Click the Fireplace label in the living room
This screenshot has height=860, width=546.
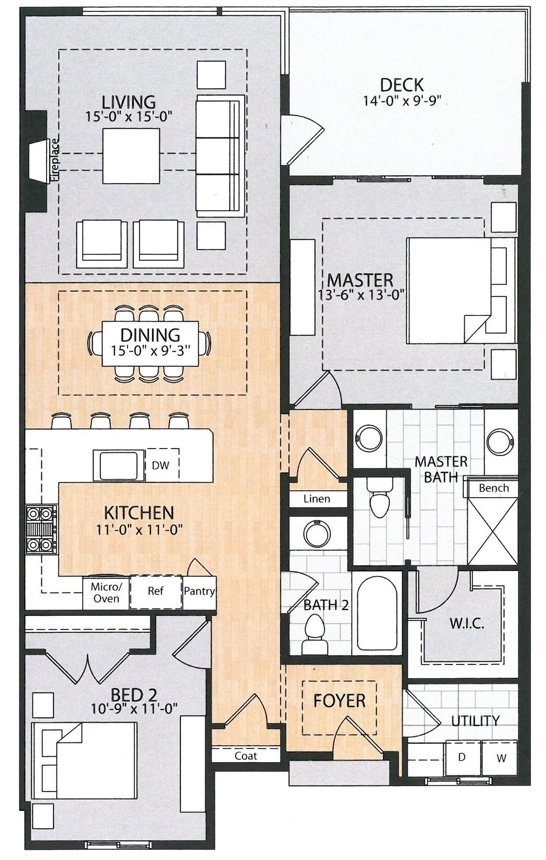(54, 160)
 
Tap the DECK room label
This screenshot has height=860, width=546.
(402, 85)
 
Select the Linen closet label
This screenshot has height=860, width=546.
(317, 499)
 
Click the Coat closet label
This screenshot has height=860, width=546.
(246, 756)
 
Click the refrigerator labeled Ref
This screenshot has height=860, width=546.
(156, 592)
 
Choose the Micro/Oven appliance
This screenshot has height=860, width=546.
(106, 593)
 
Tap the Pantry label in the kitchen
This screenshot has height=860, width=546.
(199, 591)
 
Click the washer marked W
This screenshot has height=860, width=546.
(500, 758)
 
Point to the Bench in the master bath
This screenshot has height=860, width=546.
(494, 488)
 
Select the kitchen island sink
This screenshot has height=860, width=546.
(120, 465)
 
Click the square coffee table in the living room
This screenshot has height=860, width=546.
(132, 156)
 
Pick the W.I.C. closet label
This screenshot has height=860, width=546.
(467, 623)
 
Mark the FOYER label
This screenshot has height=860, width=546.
(340, 701)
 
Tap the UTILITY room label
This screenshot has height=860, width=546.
(475, 720)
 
